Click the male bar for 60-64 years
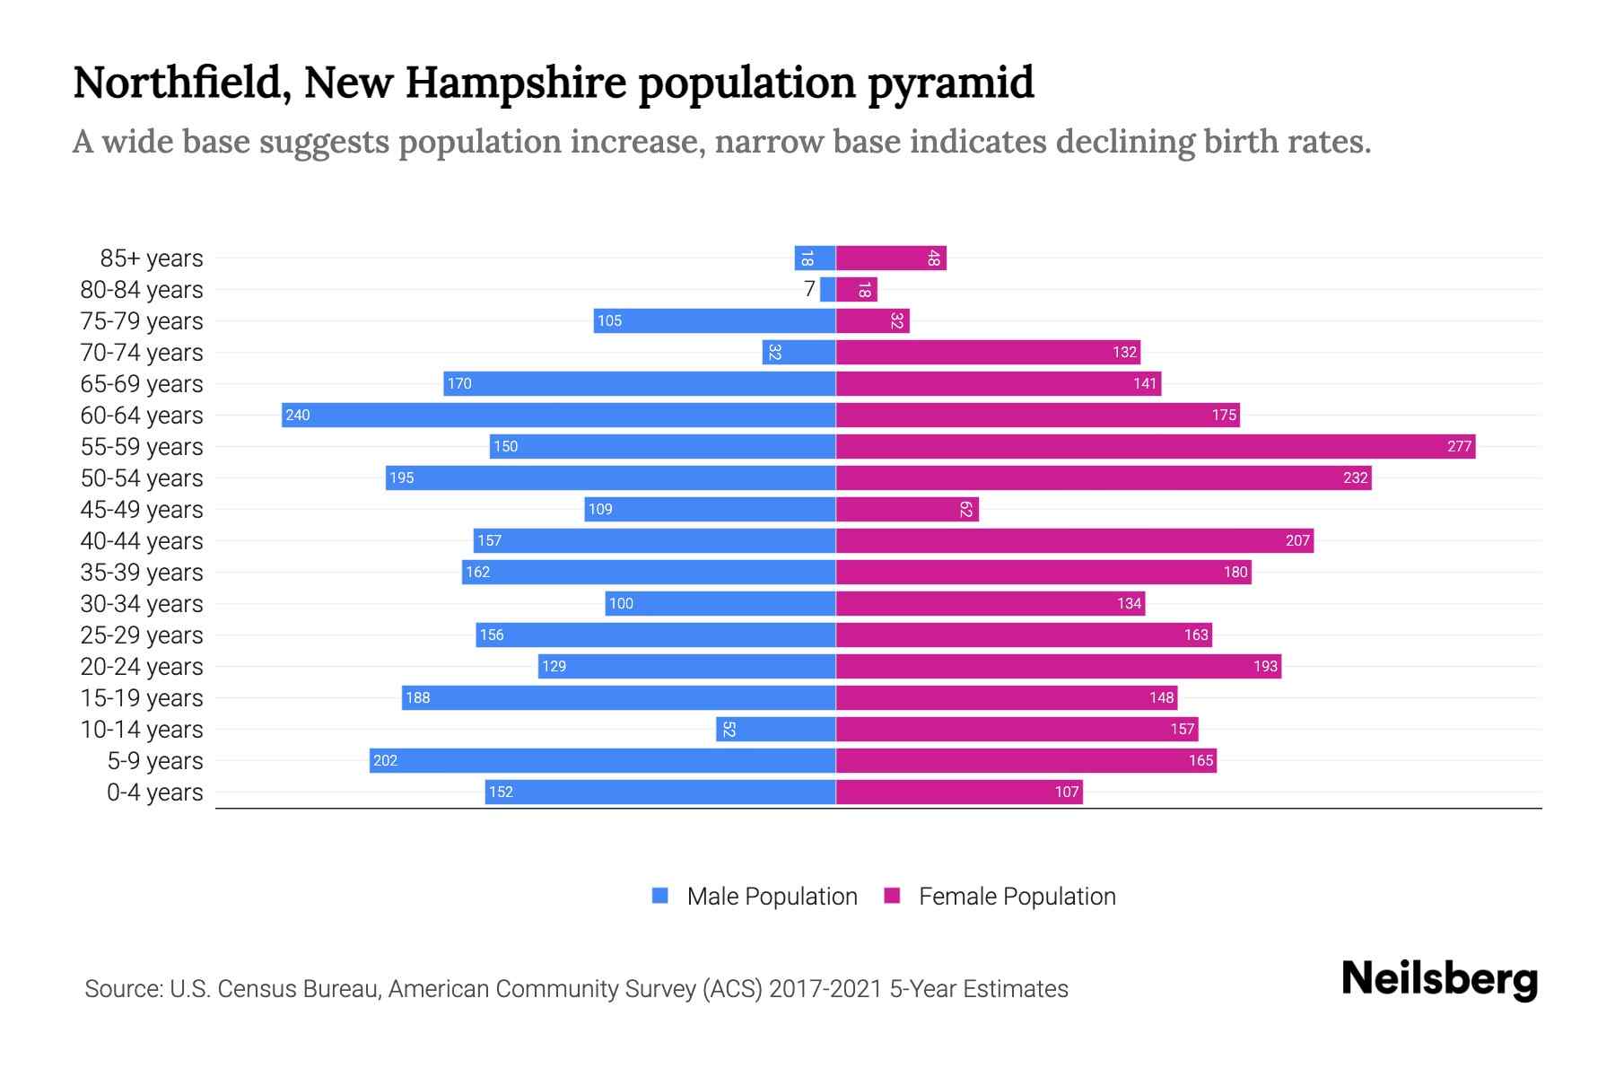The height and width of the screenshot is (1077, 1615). click(x=558, y=415)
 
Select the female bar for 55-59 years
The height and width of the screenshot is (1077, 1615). click(x=1156, y=446)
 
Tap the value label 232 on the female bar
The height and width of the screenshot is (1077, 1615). click(x=1355, y=477)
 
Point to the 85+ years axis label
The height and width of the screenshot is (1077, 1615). click(x=152, y=258)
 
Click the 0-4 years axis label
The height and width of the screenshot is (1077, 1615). click(x=154, y=792)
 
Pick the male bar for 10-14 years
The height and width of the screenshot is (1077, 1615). click(x=776, y=729)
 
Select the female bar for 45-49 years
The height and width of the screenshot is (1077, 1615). click(x=907, y=509)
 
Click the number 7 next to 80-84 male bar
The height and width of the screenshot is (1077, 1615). click(x=809, y=289)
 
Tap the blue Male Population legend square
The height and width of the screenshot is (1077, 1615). click(x=660, y=896)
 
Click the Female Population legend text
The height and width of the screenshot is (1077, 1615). click(x=1017, y=897)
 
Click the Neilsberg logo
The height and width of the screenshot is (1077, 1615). click(x=1439, y=979)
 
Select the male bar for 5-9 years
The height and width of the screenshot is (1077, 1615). click(x=602, y=760)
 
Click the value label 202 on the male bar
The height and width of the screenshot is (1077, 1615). click(x=385, y=760)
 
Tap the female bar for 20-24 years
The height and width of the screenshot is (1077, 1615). click(x=1059, y=666)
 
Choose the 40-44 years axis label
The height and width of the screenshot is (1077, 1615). click(x=142, y=541)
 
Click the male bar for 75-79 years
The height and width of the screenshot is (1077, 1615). click(x=714, y=320)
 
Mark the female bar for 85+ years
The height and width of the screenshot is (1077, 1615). click(x=891, y=258)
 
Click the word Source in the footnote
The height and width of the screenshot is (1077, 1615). click(x=122, y=989)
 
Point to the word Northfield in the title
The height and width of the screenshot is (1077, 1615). click(x=180, y=83)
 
